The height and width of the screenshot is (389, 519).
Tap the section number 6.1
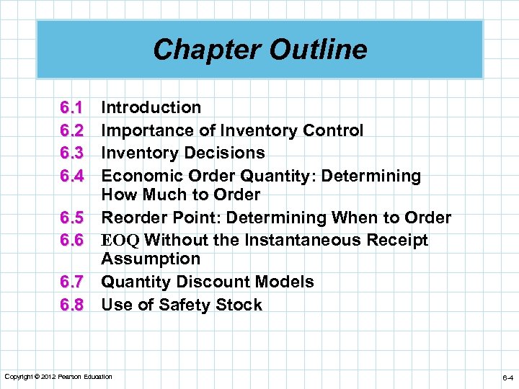[73, 108]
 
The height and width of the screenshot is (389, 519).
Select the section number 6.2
[73, 130]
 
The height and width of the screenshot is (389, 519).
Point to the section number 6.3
[73, 153]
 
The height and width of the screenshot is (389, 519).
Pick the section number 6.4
[73, 176]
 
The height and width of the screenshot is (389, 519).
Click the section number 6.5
[73, 218]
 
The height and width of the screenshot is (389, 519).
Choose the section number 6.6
[73, 240]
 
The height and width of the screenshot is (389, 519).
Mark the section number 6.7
[73, 282]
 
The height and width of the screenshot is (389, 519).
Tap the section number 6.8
[73, 305]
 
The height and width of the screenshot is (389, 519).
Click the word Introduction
[151, 108]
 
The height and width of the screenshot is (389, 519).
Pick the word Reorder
[133, 218]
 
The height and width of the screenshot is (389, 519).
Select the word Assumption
[151, 259]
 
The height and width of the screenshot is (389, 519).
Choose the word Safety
[193, 305]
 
